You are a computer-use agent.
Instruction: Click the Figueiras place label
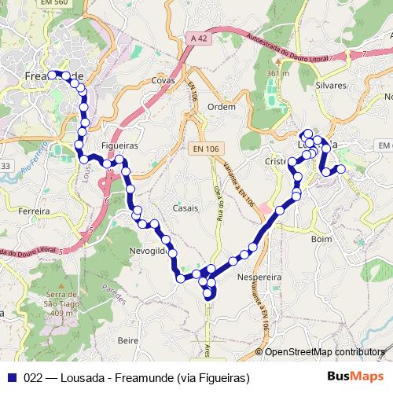[x=120, y=146]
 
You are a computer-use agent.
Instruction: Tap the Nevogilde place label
[x=147, y=251]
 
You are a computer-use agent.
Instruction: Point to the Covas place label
[x=163, y=80]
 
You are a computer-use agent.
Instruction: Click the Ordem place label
[x=222, y=106]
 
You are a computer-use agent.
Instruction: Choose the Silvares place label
[x=330, y=84]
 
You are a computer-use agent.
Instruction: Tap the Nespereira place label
[x=258, y=277]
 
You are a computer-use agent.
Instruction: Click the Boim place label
[x=321, y=238]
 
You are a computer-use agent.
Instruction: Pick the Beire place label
[x=127, y=340]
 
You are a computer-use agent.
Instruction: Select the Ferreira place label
[x=34, y=211]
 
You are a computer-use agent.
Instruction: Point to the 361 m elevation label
[x=277, y=73]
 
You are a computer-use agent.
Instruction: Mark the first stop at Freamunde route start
[x=53, y=75]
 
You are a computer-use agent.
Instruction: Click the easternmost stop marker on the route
[x=341, y=168]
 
